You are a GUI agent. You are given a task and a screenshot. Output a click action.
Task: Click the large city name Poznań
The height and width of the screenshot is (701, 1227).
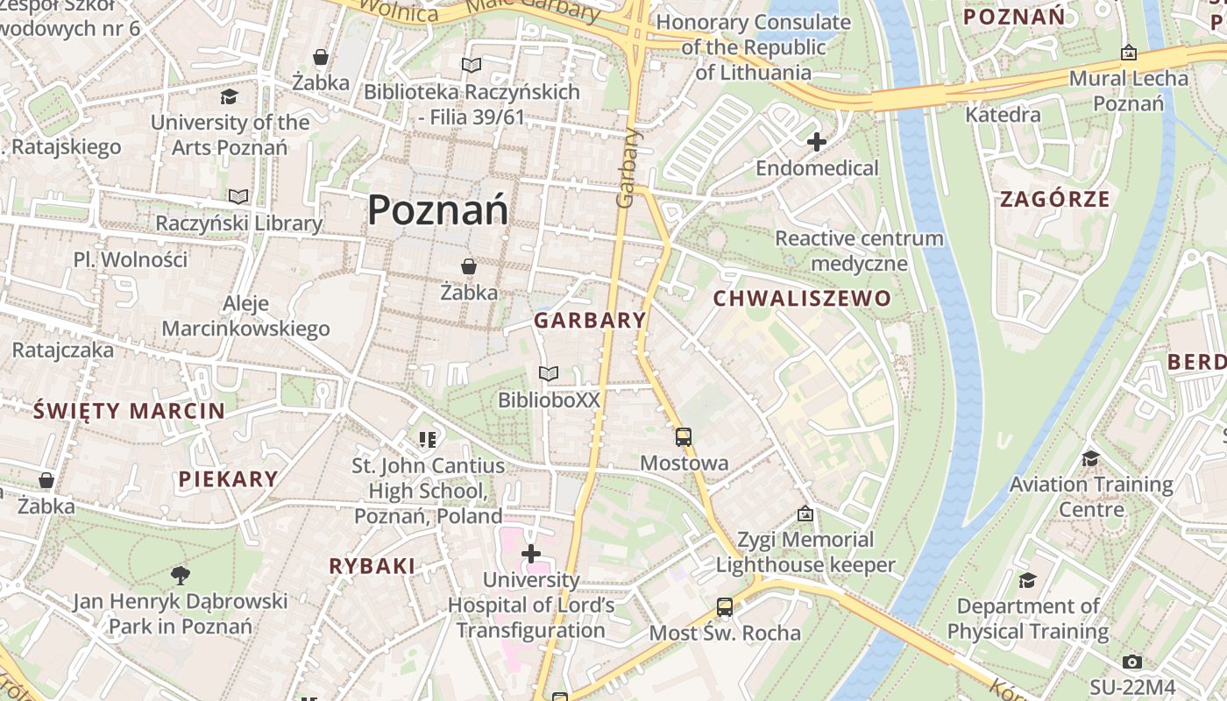[437, 210]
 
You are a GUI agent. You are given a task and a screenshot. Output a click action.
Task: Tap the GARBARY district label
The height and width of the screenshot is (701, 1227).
[590, 321]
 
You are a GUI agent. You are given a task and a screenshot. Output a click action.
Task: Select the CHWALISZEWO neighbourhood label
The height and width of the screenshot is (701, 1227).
[802, 299]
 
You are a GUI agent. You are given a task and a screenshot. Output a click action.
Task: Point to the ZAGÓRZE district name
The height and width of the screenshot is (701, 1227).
[1055, 199]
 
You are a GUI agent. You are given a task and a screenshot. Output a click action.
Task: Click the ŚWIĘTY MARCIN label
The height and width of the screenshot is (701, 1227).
[129, 410]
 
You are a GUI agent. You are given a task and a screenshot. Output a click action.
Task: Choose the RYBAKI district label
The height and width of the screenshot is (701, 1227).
[372, 566]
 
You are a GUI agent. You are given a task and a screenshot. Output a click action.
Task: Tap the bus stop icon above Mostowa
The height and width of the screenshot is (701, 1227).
[684, 436]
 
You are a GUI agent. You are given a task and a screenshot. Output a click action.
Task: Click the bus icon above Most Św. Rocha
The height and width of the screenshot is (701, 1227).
[725, 606]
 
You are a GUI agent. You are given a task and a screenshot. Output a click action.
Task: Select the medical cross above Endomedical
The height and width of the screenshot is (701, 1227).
[817, 141]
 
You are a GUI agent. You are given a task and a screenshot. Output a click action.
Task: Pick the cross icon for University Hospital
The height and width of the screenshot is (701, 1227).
[530, 554]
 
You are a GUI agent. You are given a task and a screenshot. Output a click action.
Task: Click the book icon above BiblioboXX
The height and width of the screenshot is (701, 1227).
[549, 374]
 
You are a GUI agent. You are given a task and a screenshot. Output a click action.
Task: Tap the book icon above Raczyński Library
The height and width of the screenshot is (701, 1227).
[238, 196]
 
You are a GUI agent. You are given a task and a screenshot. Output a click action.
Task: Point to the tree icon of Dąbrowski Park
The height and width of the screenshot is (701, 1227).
[181, 575]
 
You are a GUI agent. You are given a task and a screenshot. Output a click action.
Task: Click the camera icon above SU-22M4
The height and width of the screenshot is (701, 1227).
[1132, 662]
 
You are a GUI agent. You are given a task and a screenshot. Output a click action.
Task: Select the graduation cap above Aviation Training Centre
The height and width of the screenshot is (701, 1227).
[1090, 458]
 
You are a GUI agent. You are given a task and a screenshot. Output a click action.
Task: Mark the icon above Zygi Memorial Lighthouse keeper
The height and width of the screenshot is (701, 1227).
[805, 513]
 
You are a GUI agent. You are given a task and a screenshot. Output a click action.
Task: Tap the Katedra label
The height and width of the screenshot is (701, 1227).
[1003, 115]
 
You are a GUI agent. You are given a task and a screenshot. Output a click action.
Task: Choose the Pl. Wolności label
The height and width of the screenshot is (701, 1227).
[131, 259]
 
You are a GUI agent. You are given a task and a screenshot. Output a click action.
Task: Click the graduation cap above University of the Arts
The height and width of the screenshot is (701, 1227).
[230, 96]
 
